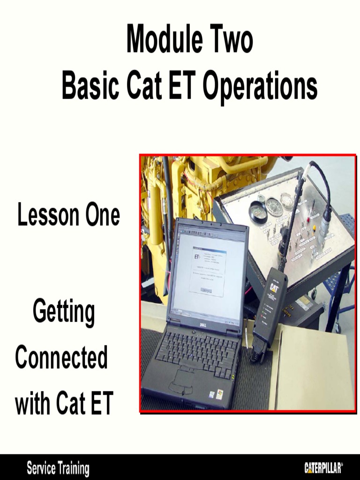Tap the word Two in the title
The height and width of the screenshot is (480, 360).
coord(230,40)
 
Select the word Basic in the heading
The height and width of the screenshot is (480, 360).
coord(89,86)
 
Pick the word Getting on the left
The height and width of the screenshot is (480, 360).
coord(64,313)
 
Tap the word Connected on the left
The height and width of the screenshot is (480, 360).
coord(61,358)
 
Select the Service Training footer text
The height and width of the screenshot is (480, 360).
coord(58,468)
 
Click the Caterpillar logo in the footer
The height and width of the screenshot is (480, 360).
coord(323,468)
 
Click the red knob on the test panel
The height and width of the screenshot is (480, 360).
coord(309,219)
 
